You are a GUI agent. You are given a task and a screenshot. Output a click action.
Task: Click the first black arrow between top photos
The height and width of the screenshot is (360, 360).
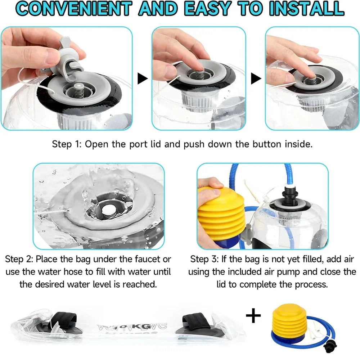[142, 78]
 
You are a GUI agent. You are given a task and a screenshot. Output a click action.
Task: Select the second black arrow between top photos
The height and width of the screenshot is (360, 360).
[256, 78]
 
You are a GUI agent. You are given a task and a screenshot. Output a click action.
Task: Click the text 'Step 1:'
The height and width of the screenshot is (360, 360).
[67, 144]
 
